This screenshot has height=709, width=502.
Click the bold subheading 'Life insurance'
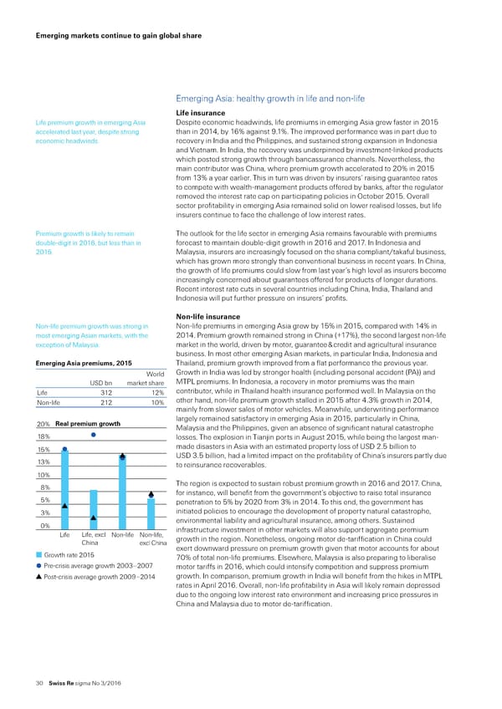(x=202, y=113)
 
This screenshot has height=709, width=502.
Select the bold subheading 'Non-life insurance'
(x=209, y=315)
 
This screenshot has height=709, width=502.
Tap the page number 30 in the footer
(x=38, y=684)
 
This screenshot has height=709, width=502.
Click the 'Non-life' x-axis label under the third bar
(x=123, y=512)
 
